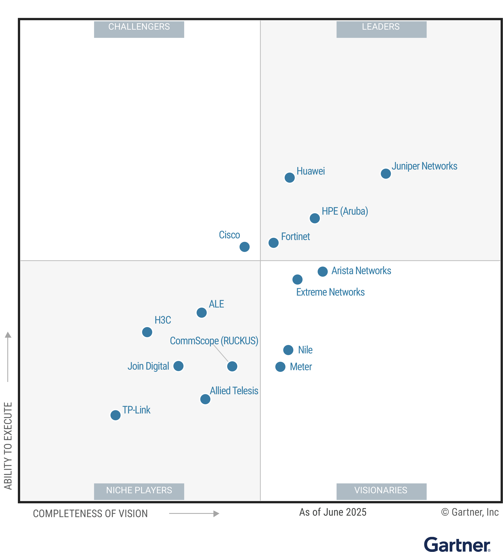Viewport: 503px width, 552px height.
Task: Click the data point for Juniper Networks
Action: (x=386, y=173)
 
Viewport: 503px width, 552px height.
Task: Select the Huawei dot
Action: (x=290, y=177)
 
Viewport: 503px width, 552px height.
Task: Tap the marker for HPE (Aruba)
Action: (x=315, y=218)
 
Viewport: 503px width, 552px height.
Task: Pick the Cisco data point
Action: (x=244, y=247)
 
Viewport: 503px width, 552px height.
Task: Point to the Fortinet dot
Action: (x=273, y=243)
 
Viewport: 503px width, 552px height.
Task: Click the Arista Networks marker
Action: (x=323, y=271)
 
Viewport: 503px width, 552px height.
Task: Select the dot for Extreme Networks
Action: (x=297, y=279)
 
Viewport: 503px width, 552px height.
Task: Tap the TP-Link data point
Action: (x=116, y=415)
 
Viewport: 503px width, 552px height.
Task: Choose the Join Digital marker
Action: (x=178, y=366)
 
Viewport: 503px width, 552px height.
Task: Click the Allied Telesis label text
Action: (x=234, y=391)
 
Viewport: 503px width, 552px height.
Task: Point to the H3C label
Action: (x=163, y=320)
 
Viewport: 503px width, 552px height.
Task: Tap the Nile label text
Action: (x=305, y=350)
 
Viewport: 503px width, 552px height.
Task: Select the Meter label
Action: (x=301, y=367)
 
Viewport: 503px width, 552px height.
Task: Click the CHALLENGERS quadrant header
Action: (x=139, y=29)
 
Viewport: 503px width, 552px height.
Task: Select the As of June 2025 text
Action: (x=333, y=512)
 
